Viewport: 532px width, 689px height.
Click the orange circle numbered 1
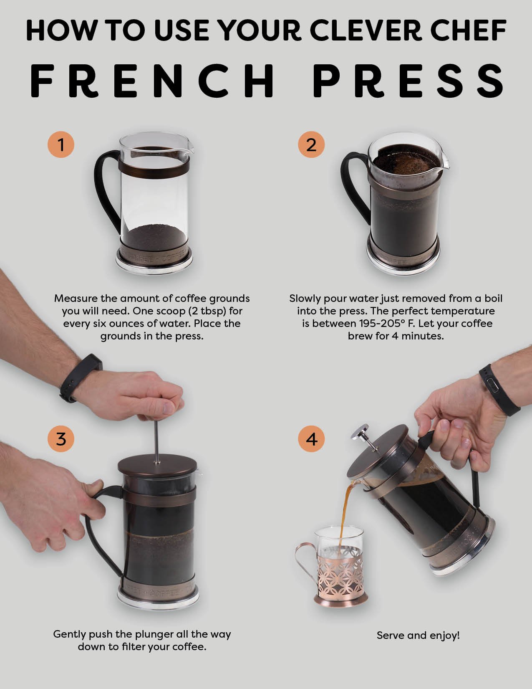pos(61,145)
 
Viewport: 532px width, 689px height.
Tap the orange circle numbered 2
pos(311,145)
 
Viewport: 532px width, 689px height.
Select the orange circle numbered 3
pos(61,439)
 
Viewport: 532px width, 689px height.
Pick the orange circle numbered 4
pos(311,439)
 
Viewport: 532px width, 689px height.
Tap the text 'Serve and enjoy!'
pos(418,635)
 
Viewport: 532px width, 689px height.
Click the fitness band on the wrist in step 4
pos(499,390)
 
